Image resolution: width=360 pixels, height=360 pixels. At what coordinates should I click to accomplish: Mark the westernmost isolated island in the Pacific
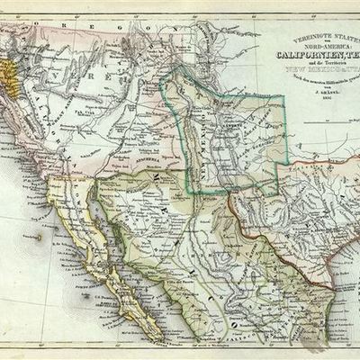37,237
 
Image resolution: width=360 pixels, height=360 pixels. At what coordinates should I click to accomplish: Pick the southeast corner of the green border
277,191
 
